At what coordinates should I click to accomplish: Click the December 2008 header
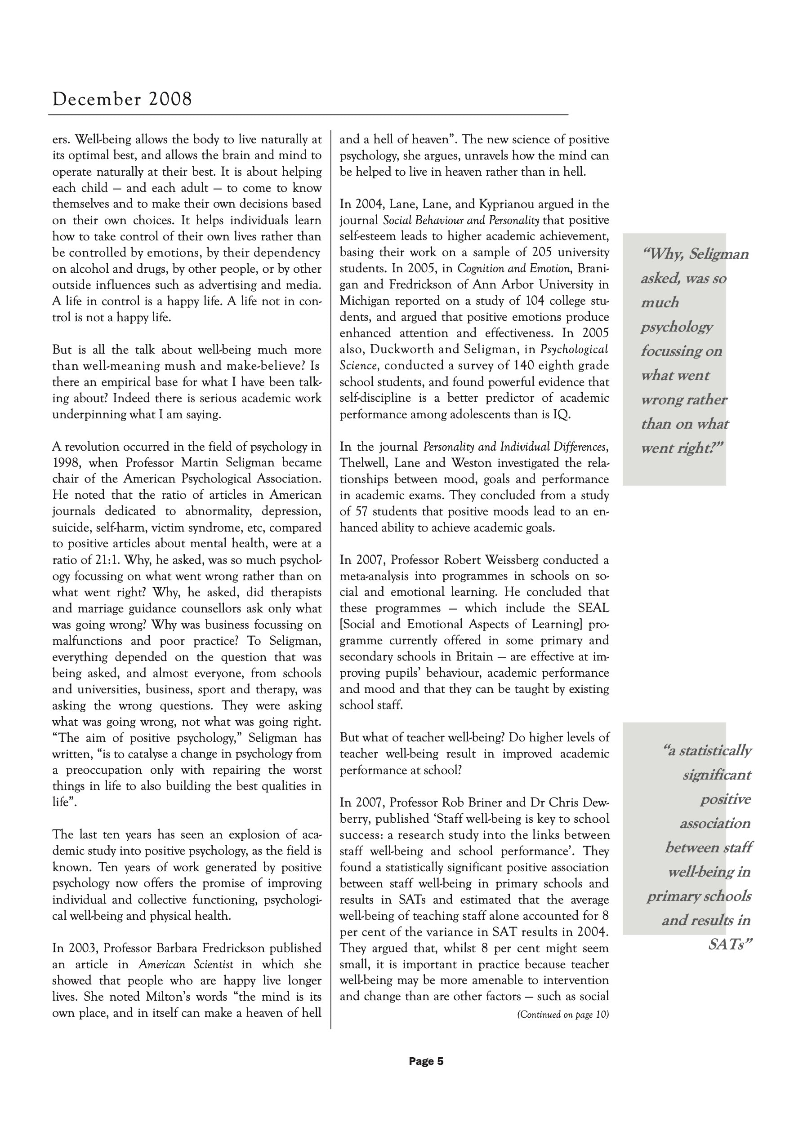click(x=122, y=99)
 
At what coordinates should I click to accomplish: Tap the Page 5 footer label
click(x=426, y=1061)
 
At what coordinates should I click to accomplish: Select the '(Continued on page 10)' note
click(x=562, y=1015)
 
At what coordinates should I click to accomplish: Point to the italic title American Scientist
click(x=186, y=964)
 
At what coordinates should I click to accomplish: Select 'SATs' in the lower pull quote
click(x=730, y=944)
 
